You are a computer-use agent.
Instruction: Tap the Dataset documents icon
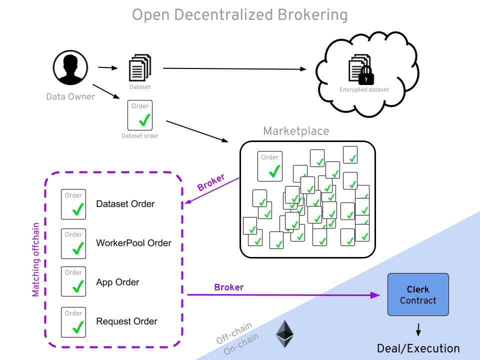coord(140,68)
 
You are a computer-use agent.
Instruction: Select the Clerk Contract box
coord(418,294)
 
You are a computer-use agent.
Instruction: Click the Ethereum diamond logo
coord(285,333)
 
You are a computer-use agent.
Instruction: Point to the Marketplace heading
coord(296,131)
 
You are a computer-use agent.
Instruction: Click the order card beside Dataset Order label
coord(73,204)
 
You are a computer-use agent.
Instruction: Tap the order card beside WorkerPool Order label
coord(73,243)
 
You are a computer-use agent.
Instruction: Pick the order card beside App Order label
coord(73,281)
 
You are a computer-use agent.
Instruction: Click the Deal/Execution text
coord(418,348)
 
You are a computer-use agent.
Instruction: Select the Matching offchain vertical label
coord(36,260)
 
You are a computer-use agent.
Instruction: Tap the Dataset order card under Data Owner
coord(140,115)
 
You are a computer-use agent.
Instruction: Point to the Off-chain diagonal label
coord(233,333)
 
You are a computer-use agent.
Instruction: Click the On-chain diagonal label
coord(241,344)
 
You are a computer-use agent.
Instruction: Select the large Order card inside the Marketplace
coord(270,166)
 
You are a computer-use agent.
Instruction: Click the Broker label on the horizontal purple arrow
coord(228,287)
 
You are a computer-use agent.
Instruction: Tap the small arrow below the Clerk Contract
coord(418,330)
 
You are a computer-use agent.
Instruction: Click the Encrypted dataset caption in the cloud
coord(364,90)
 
